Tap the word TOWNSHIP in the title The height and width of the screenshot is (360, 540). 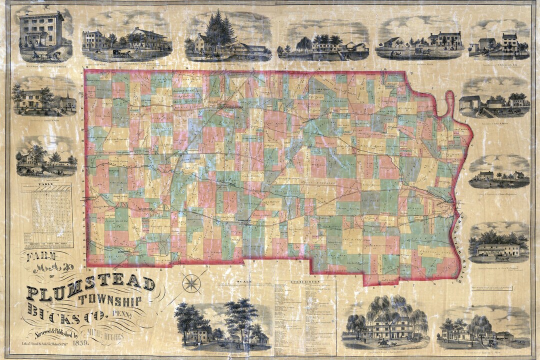110,301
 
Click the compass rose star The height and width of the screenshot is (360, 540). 191,283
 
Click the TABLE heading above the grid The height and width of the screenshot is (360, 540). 46,184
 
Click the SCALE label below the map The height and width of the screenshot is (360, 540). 245,281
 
